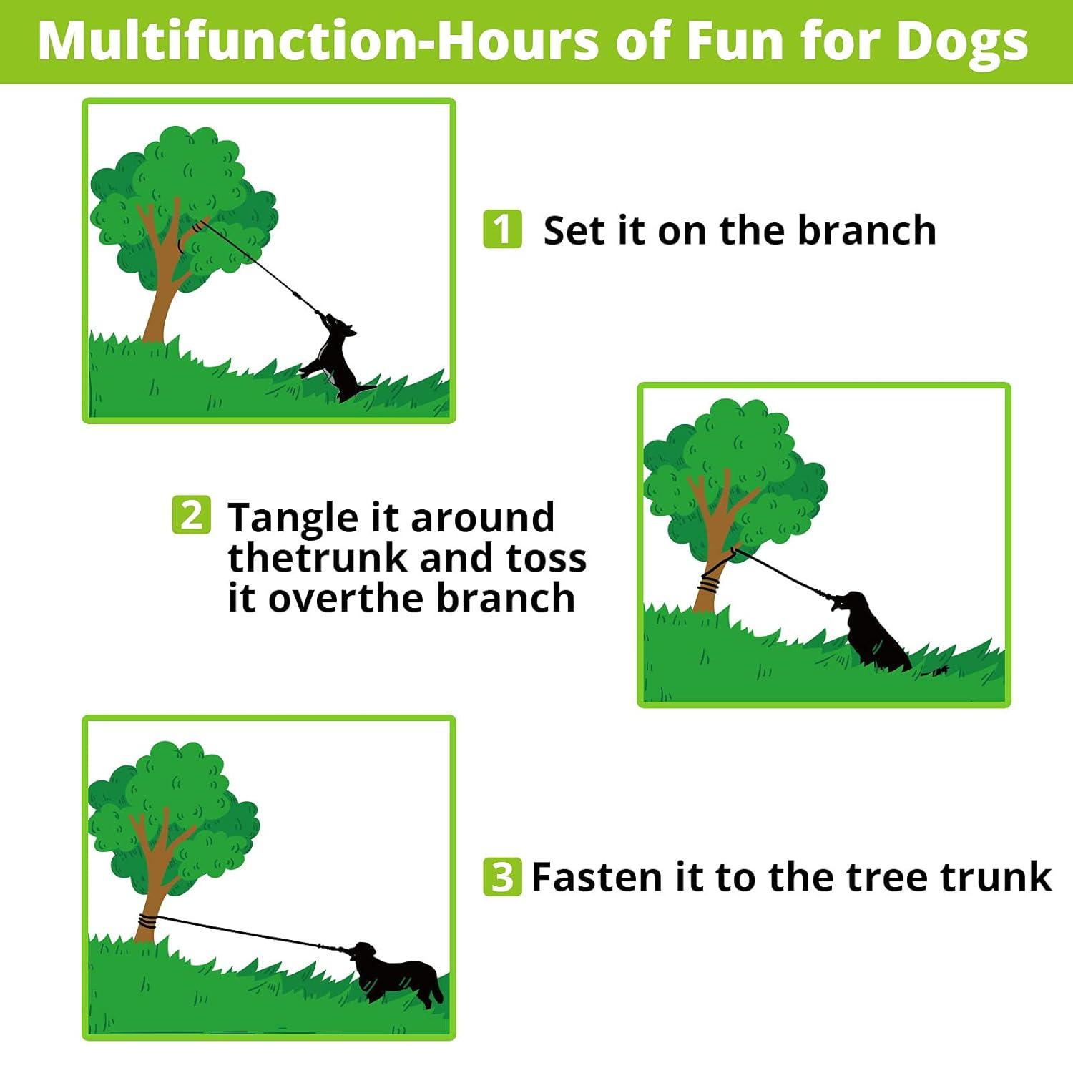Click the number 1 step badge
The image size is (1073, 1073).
[x=502, y=229]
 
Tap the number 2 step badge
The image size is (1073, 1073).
[x=192, y=515]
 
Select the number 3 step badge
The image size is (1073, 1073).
[x=502, y=876]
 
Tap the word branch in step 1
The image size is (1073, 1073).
[x=866, y=230]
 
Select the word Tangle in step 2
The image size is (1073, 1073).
[x=293, y=518]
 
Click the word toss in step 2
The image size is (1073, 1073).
[x=547, y=558]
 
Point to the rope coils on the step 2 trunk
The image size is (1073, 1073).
[x=708, y=584]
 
